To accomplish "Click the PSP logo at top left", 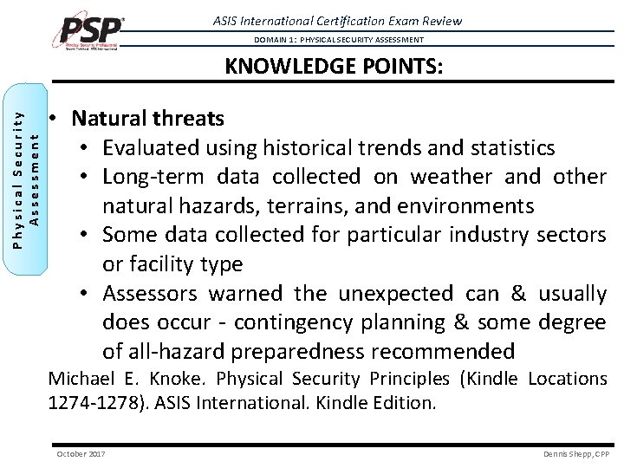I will (91, 32).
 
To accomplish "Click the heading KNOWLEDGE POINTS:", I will (334, 67).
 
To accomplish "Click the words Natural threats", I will (148, 118).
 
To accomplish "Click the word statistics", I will (509, 147).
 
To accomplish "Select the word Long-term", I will (148, 177).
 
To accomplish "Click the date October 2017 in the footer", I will (80, 453).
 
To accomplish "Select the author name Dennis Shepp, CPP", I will (576, 453).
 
